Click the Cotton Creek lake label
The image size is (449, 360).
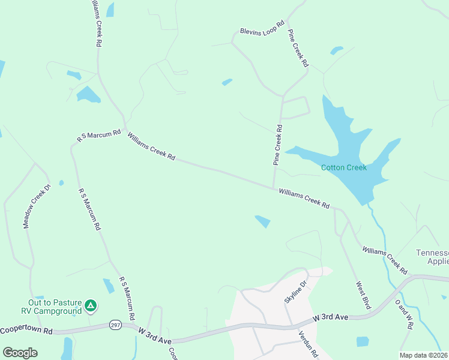tap(343, 167)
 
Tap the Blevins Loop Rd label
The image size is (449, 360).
tap(262, 30)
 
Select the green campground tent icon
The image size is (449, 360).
tap(90, 306)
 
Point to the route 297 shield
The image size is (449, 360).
tap(116, 325)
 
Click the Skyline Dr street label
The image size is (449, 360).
tap(295, 291)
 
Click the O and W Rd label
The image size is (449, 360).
tap(403, 314)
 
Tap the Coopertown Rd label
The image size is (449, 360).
tap(26, 331)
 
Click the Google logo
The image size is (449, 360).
tap(20, 352)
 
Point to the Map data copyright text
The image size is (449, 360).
tap(424, 355)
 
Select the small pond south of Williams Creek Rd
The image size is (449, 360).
tap(262, 221)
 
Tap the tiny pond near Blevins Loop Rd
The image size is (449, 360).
tap(227, 82)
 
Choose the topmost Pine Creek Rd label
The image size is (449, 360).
tap(298, 47)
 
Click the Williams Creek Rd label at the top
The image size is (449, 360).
tap(95, 24)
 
